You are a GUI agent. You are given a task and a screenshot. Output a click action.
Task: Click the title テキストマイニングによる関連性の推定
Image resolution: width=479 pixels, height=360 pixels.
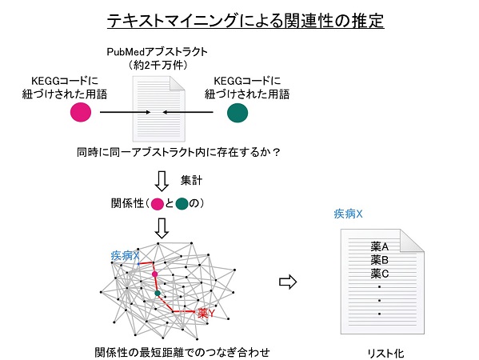(245, 21)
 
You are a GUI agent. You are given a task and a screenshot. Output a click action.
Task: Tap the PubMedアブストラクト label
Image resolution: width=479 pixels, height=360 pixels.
(157, 52)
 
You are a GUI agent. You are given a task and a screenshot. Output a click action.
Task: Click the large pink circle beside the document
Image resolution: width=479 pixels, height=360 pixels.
(81, 112)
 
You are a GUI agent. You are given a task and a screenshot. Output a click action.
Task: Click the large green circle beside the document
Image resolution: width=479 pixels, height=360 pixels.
(238, 113)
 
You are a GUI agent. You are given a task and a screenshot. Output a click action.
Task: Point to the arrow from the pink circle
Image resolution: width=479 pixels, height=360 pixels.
(126, 112)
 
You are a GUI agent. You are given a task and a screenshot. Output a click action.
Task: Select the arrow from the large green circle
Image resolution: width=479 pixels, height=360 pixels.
(188, 112)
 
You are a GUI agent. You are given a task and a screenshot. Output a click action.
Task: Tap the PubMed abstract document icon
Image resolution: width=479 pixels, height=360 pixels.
(159, 109)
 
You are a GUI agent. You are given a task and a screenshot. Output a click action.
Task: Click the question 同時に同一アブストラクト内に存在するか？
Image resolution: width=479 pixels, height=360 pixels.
(178, 152)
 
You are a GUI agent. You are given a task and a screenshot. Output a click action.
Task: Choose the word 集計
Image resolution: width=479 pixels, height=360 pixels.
(191, 180)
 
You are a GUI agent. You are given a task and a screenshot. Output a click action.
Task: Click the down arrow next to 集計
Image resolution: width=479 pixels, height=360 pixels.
(162, 182)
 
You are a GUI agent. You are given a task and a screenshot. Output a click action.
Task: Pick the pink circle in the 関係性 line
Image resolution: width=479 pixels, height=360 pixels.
(157, 204)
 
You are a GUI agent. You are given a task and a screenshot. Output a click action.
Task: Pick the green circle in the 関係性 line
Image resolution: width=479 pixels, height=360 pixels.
(182, 204)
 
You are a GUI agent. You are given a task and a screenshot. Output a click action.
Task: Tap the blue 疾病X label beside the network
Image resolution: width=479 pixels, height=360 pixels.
(125, 255)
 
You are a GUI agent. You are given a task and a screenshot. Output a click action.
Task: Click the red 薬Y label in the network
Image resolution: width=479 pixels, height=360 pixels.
(206, 313)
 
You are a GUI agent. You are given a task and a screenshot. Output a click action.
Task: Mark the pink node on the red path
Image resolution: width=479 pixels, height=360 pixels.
(155, 274)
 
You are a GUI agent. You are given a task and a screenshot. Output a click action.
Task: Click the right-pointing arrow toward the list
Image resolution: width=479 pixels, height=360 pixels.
(288, 282)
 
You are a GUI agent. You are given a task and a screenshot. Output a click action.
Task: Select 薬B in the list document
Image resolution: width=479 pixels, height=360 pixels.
(379, 260)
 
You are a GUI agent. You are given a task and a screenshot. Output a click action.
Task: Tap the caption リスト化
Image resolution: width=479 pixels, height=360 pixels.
(385, 354)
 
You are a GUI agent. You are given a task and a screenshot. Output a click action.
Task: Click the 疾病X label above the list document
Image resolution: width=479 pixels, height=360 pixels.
(348, 214)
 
